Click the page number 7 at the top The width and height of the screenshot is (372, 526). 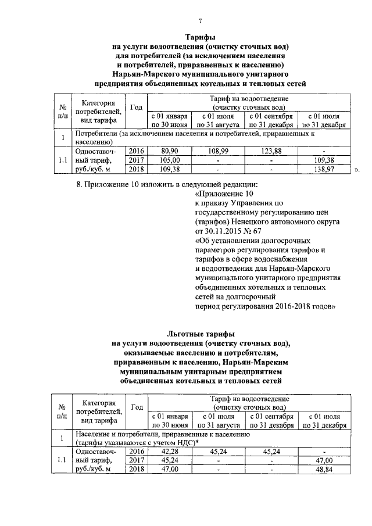pos(200,22)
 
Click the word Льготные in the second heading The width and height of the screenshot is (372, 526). pos(185,334)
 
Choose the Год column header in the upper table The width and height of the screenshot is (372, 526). pos(136,108)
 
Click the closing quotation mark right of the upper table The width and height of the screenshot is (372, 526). pos(357,170)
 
